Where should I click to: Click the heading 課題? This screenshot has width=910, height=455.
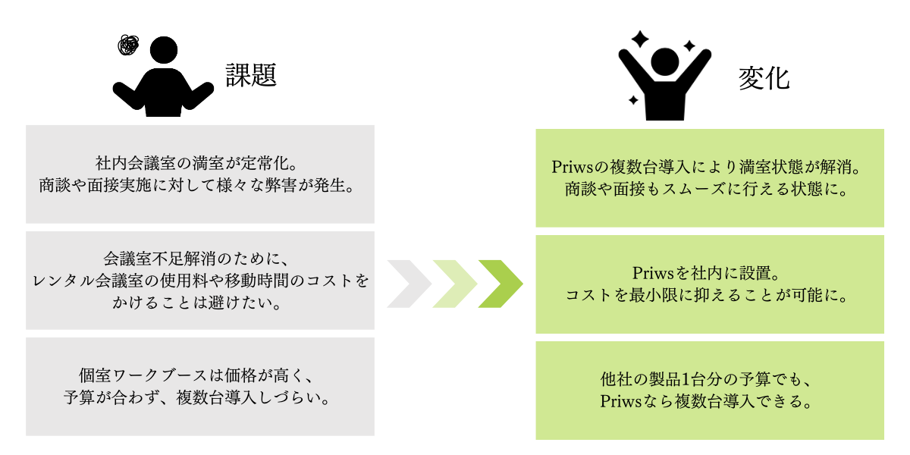pos(249,74)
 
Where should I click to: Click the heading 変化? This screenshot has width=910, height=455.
pos(764,78)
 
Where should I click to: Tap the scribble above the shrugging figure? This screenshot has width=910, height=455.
pos(129,45)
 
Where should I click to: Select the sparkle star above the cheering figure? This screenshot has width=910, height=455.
pos(641,38)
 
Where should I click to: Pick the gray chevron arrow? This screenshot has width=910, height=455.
pos(409,284)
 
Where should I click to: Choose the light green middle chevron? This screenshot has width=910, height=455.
pos(455,284)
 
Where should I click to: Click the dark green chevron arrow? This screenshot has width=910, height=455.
pos(500,284)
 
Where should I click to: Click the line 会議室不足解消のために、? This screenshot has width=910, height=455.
pos(200,259)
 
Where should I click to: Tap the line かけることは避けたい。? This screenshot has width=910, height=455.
pos(200,303)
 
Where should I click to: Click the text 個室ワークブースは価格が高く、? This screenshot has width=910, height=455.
pos(200,375)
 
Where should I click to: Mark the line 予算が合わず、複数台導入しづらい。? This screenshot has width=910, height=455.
pos(200,398)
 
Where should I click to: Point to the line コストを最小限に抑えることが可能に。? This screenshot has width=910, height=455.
pos(709,295)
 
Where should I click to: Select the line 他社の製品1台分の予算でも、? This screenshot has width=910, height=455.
pos(709,378)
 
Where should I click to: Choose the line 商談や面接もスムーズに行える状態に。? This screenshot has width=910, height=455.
pos(709,189)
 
